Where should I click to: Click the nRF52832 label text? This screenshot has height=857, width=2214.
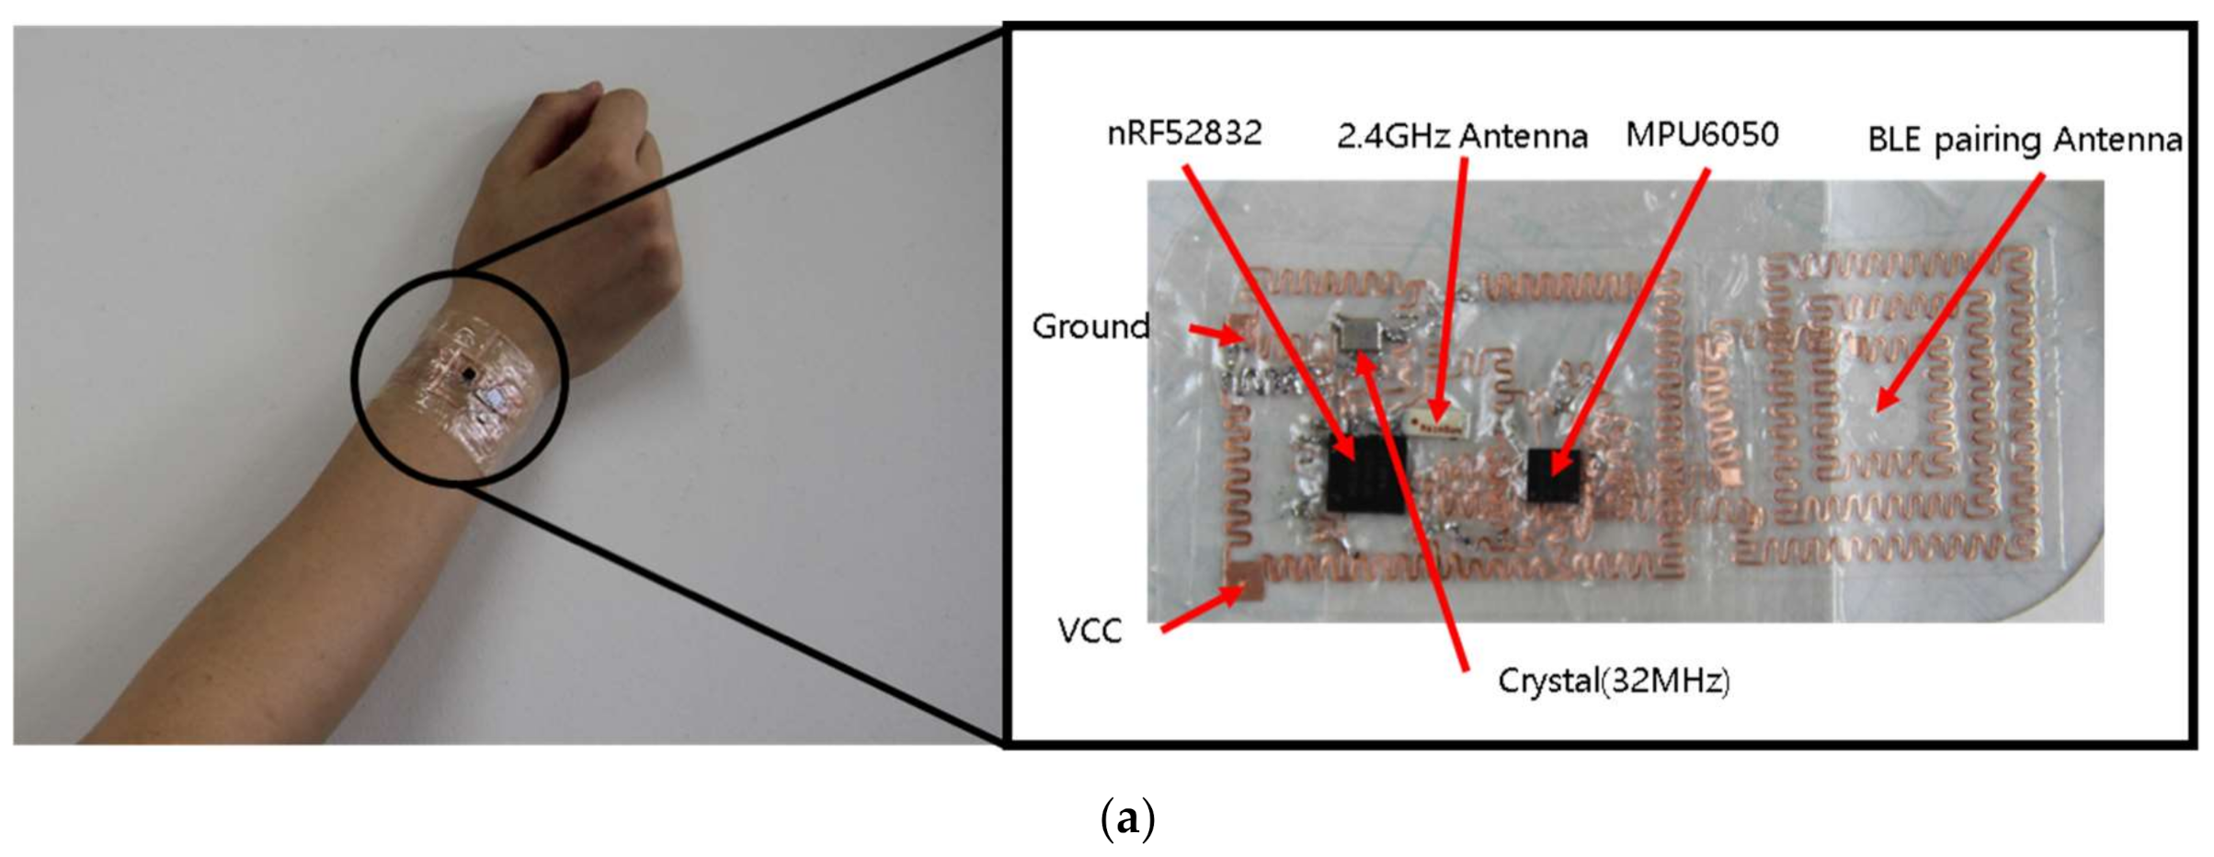(x=1184, y=134)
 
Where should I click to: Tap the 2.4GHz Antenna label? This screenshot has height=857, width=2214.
(x=1462, y=137)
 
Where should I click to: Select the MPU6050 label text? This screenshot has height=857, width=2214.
(x=1702, y=135)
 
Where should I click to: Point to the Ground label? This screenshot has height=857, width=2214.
(x=1090, y=326)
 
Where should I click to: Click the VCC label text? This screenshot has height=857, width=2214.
(x=1090, y=631)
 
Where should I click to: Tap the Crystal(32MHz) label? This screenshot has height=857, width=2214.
(x=1614, y=681)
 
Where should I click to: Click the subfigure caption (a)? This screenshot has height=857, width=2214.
(x=1127, y=817)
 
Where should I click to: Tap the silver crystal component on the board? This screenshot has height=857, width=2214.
(x=1362, y=333)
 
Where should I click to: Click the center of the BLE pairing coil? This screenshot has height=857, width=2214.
(x=1885, y=405)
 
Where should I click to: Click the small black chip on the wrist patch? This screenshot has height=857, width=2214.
(x=470, y=373)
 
